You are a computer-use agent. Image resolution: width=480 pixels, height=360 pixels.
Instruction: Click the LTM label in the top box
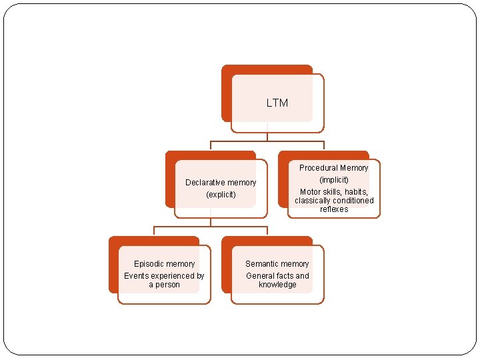[277, 103]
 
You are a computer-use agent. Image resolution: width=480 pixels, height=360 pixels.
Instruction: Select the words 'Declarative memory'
[220, 182]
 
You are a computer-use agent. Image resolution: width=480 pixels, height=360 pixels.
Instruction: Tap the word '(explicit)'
[221, 195]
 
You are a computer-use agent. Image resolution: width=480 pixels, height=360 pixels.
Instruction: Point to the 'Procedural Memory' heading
[333, 168]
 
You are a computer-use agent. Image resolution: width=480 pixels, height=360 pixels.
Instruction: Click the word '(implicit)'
[334, 180]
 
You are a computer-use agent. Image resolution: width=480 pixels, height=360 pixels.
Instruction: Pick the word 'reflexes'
[334, 209]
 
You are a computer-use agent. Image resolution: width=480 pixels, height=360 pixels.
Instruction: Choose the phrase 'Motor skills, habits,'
[334, 192]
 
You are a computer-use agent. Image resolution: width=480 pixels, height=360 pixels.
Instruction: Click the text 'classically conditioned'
[334, 201]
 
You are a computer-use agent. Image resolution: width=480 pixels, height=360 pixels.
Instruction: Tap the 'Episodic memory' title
[164, 264]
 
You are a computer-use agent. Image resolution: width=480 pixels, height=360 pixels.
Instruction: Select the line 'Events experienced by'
[164, 276]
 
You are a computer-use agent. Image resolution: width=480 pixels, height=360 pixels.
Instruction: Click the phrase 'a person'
[164, 285]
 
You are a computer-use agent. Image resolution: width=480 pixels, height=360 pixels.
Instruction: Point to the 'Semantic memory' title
[277, 264]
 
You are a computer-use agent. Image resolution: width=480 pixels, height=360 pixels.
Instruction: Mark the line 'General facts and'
[277, 276]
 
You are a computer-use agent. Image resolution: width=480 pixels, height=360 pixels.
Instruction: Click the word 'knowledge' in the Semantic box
[277, 285]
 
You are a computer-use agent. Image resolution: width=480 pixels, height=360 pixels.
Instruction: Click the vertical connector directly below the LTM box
[267, 136]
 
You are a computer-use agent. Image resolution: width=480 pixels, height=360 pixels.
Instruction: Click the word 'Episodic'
[149, 264]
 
